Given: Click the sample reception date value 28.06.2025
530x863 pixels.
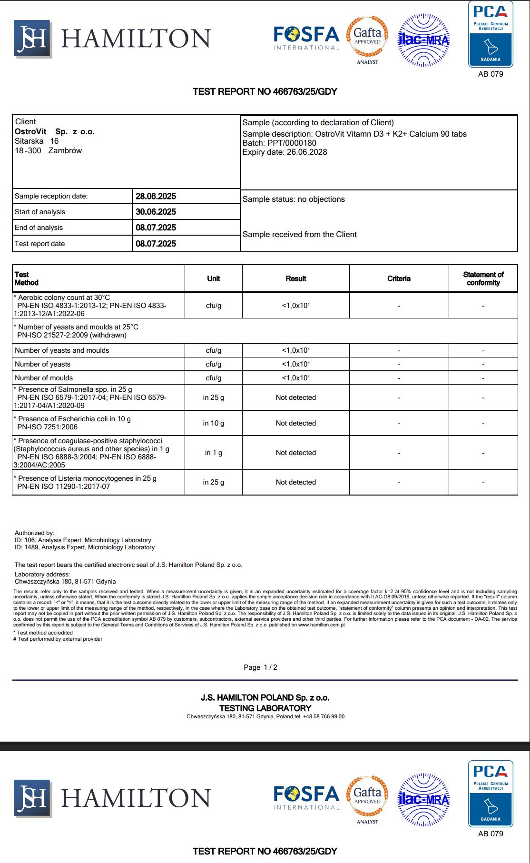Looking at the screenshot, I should click(x=156, y=196).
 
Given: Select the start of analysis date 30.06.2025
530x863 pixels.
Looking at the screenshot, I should click(x=156, y=212).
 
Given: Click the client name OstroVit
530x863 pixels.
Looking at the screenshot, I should click(x=30, y=131).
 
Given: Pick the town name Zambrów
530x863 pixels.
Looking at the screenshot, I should click(x=65, y=150).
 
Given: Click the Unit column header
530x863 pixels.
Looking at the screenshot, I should click(x=214, y=278).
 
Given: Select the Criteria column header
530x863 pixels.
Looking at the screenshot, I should click(x=399, y=278).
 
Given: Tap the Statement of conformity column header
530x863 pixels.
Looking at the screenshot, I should click(x=483, y=278).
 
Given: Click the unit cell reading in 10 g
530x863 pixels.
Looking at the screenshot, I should click(x=214, y=423).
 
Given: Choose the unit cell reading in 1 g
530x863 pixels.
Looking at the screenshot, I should click(x=214, y=453).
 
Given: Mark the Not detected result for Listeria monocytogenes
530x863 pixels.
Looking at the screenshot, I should click(x=295, y=482).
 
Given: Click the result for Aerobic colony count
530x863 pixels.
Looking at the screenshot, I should click(x=295, y=306).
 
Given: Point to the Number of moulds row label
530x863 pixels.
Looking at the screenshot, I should click(x=44, y=378).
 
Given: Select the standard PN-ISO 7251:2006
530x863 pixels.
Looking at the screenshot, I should click(x=47, y=427).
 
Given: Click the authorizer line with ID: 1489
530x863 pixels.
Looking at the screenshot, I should click(x=84, y=547).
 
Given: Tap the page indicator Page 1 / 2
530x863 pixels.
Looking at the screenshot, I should click(x=260, y=667).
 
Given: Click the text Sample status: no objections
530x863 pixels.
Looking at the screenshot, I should click(x=294, y=199).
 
